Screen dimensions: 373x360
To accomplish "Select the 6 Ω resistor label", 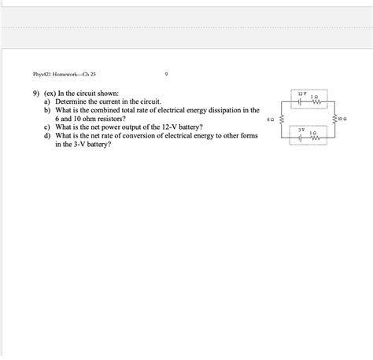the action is pos(271,120).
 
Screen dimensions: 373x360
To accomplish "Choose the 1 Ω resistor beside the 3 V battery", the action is pos(315,137).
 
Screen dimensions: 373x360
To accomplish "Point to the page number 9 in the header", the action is pos(167,75).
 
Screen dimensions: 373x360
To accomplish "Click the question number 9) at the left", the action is pos(36,94).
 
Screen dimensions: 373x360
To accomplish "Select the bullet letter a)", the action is pos(49,102).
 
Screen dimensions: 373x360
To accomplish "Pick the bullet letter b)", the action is pos(49,111).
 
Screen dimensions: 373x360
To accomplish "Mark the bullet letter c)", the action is pos(49,127).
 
